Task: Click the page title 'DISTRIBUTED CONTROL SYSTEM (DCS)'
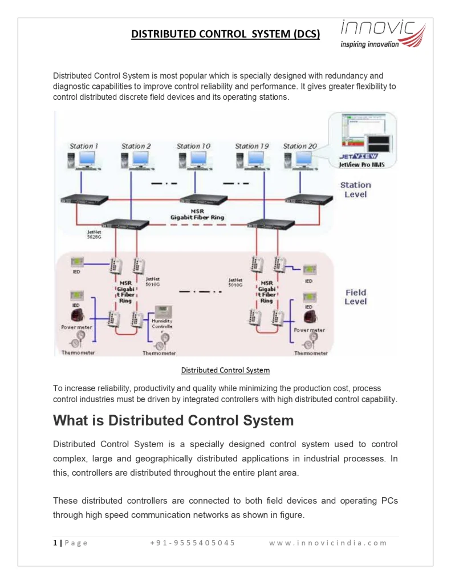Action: coord(225,34)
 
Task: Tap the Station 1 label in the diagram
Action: coord(84,147)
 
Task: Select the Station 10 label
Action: coord(193,147)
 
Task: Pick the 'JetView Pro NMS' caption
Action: coord(361,164)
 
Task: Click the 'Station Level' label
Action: coord(355,189)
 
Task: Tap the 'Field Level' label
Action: coord(356,297)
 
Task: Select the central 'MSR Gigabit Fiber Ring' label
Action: coord(197,214)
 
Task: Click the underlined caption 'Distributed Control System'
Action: coord(225,370)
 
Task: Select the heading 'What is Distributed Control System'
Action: coord(173,421)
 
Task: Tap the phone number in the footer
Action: coord(192,542)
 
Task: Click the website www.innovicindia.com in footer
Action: coord(328,542)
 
